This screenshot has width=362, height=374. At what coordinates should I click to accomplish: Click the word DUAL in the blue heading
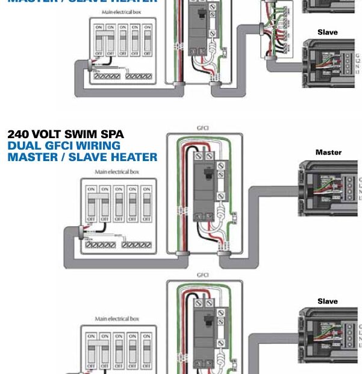(22, 145)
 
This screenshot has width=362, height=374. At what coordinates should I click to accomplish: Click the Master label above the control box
(328, 153)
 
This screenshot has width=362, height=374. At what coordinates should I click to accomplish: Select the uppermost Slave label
(328, 32)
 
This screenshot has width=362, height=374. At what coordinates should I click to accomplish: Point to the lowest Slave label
(328, 301)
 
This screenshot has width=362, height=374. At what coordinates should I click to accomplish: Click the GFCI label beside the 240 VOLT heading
(203, 128)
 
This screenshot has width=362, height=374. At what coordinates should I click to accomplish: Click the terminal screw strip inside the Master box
(349, 188)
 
